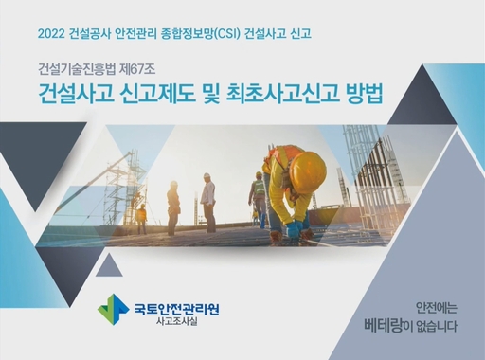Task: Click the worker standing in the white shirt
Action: click(x=207, y=202)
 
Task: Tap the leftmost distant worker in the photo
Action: click(x=141, y=219)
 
